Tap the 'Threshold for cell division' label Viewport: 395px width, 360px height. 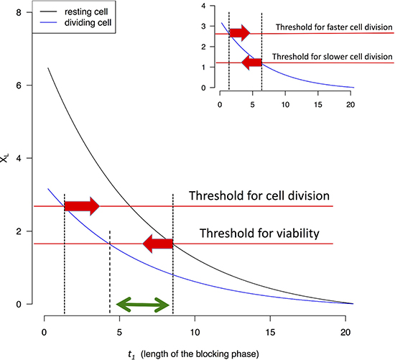coord(259,195)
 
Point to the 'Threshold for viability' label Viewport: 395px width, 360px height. coord(259,234)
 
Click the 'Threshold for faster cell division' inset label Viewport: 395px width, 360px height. coord(334,27)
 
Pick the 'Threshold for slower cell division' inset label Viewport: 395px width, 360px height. coord(333,57)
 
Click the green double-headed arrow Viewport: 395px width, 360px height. coord(143,305)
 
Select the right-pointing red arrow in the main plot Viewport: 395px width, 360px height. coord(82,206)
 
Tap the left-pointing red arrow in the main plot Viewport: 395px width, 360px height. coord(158,244)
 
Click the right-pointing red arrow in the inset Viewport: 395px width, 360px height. coord(240,33)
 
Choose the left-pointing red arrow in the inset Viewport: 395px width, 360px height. coord(251,63)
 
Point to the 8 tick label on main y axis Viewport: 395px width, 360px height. coord(19,12)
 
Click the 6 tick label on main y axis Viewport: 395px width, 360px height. coord(19,86)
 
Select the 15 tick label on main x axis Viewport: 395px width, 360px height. coord(270,333)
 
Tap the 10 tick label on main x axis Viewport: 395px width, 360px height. coord(195,333)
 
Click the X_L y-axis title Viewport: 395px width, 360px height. coord(5,158)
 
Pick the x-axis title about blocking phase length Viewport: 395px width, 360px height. coord(193,354)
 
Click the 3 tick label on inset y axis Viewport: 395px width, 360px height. coord(203,26)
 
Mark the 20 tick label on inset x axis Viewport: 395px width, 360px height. coord(350,104)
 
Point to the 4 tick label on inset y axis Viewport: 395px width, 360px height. coord(203,6)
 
